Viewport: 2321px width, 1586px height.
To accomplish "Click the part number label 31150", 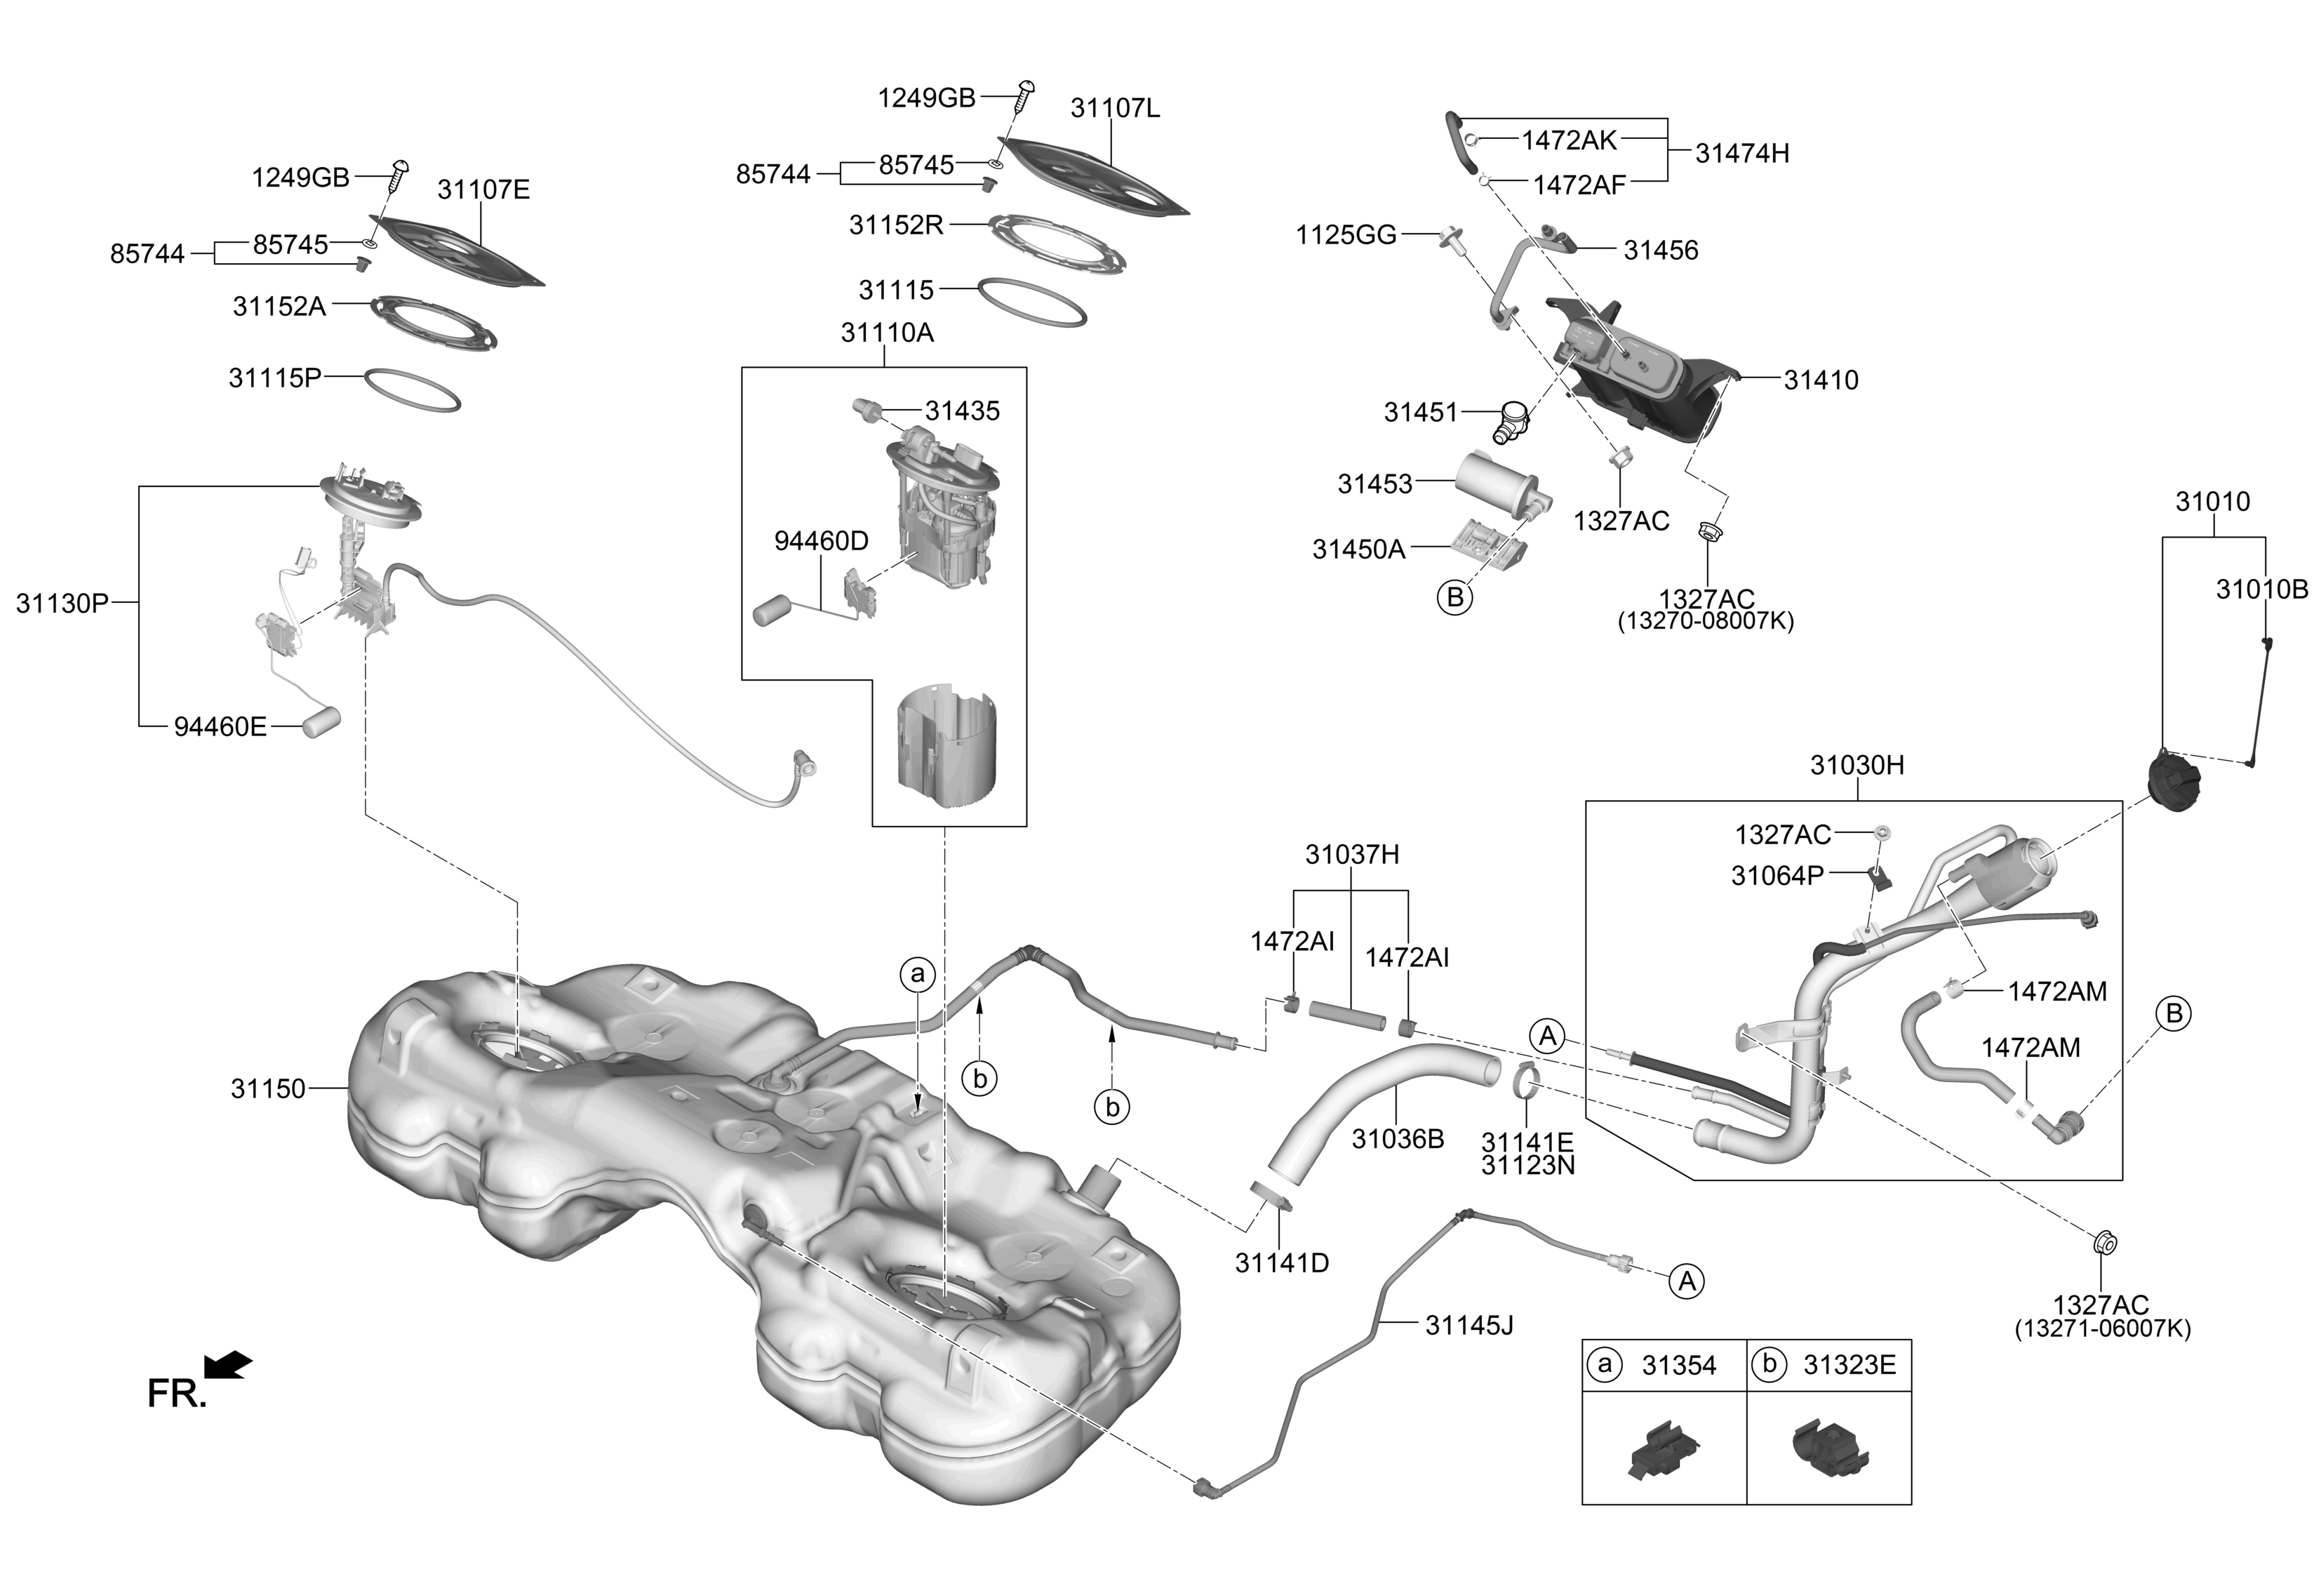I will [267, 1088].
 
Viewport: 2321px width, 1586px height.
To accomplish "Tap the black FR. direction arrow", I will [228, 1364].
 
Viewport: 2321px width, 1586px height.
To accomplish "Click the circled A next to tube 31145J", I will [1687, 1281].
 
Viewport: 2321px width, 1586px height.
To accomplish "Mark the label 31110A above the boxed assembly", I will [887, 333].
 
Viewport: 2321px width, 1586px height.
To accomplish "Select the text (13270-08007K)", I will [1706, 621].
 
